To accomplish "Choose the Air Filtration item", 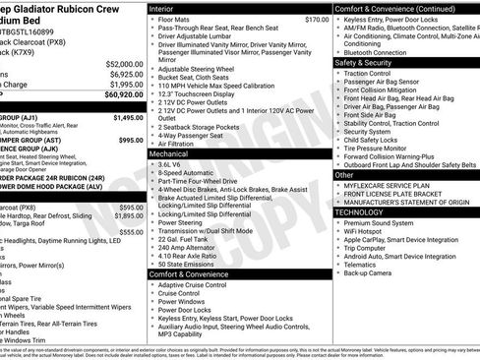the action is click(x=177, y=143).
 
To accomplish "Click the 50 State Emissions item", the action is click(x=187, y=265).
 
